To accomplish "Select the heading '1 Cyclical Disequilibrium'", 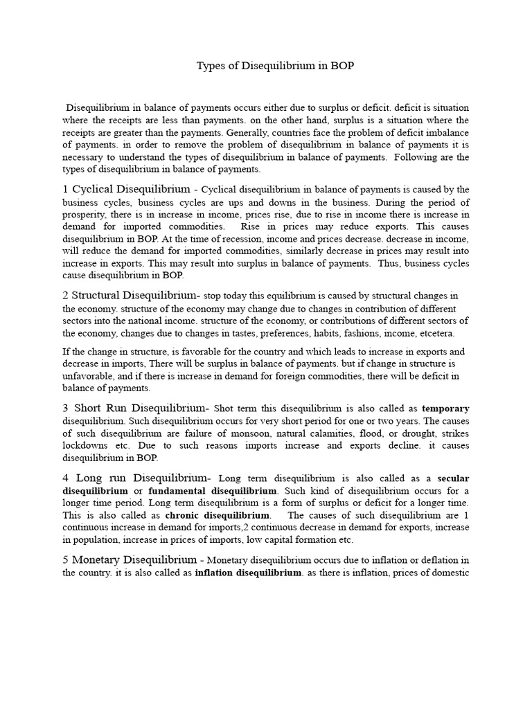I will click(x=126, y=189).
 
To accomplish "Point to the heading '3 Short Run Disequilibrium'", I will click(x=136, y=408).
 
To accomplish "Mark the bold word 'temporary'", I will click(x=445, y=409).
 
